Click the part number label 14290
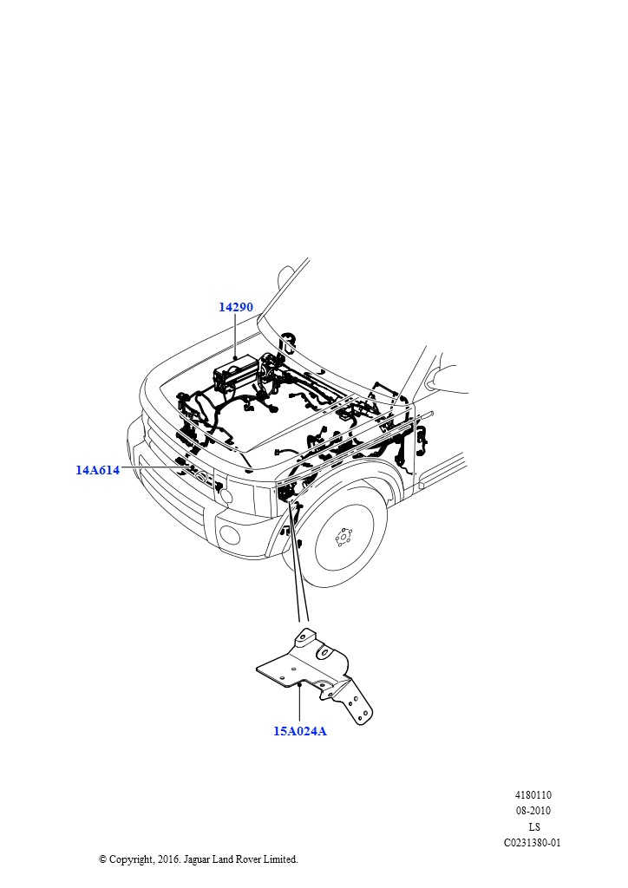coord(236,307)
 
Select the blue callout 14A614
coord(97,469)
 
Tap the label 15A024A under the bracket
coord(300,731)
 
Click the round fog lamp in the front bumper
coord(229,534)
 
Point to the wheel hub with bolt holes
coord(343,536)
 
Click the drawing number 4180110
coord(533,795)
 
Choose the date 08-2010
coord(533,811)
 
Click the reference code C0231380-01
coord(533,843)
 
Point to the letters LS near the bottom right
coord(534,826)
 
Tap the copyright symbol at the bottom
coord(102,859)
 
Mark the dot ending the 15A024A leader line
coord(299,685)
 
